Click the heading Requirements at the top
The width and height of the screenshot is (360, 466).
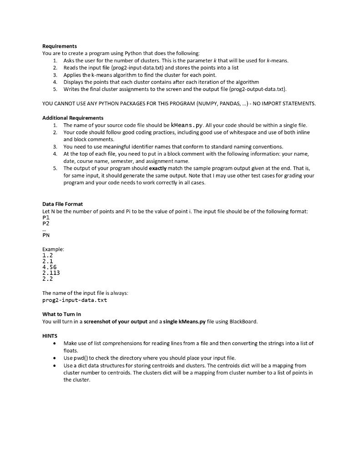pyautogui.click(x=60, y=46)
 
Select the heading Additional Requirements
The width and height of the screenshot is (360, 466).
pyautogui.click(x=73, y=118)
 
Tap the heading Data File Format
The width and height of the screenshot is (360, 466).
pyautogui.click(x=62, y=204)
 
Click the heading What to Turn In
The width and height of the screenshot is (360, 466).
pyautogui.click(x=61, y=314)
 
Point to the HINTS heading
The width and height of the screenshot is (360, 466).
pyautogui.click(x=50, y=336)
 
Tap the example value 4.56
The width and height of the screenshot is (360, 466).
pyautogui.click(x=50, y=267)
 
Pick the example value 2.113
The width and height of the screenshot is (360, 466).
pyautogui.click(x=51, y=273)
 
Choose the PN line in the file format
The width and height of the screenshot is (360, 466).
pyautogui.click(x=46, y=235)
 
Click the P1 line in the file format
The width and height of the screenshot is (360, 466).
pyautogui.click(x=46, y=218)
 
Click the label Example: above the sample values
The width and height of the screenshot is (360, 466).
pyautogui.click(x=53, y=249)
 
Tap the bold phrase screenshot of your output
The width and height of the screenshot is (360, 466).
pyautogui.click(x=119, y=321)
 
